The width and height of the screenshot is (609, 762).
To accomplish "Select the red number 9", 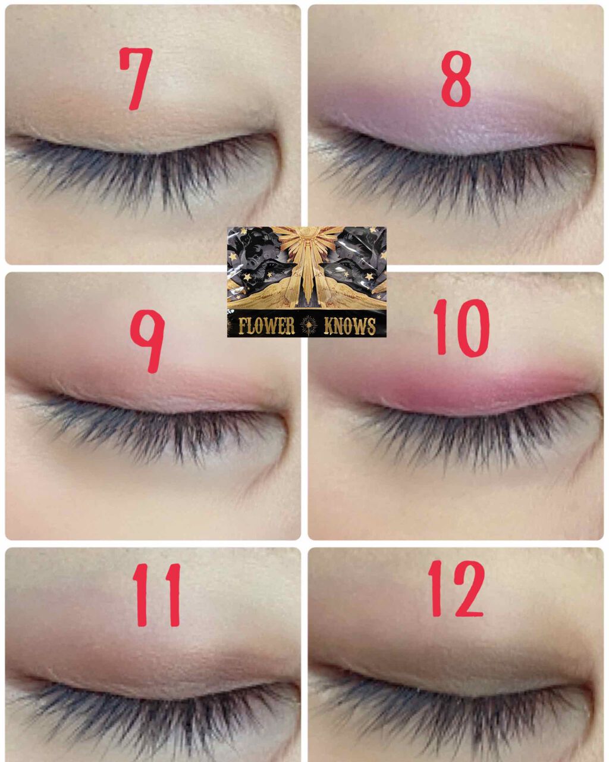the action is pyautogui.click(x=149, y=341).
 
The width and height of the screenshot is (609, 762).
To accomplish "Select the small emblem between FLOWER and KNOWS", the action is pyautogui.click(x=309, y=325).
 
